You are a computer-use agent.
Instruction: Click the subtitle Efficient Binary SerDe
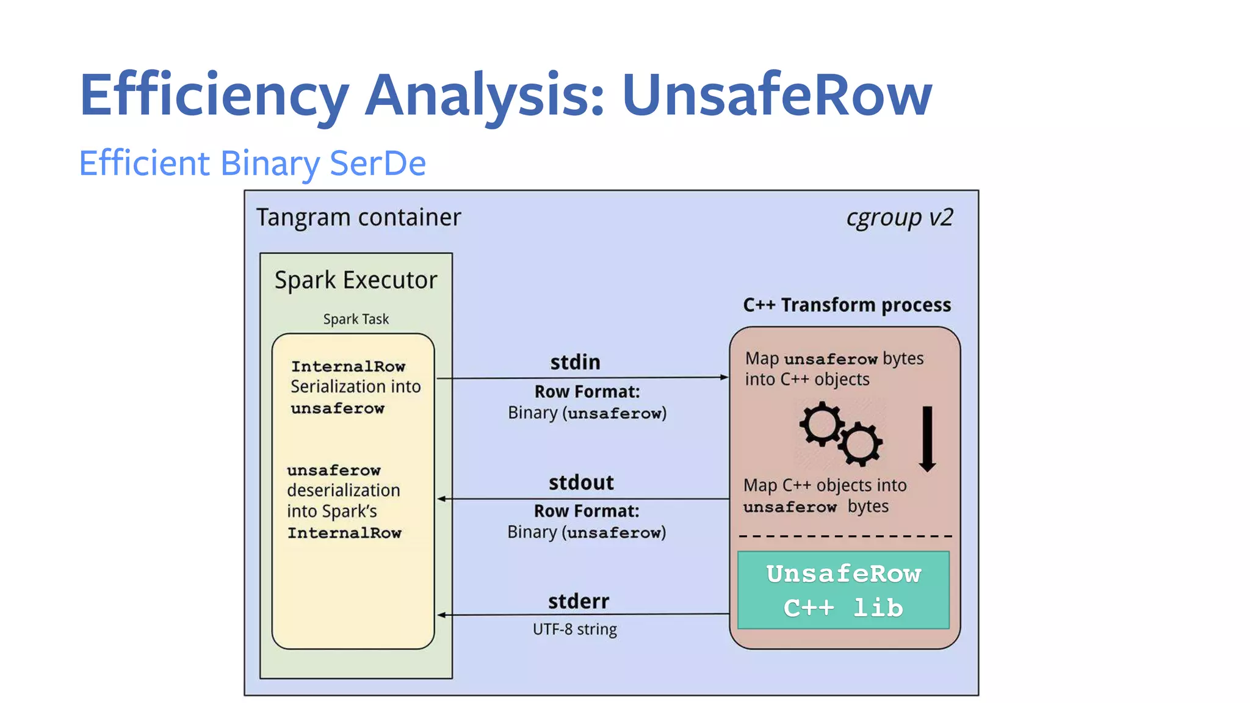[252, 163]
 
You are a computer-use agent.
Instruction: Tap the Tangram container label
[358, 217]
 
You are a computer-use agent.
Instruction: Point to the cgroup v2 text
[899, 217]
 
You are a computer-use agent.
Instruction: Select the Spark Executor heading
[356, 280]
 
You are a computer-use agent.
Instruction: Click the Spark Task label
[356, 319]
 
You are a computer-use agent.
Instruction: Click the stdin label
[575, 362]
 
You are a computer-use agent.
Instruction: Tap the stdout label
[580, 482]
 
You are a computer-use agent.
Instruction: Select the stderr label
[578, 601]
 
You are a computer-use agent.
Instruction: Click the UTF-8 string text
[574, 629]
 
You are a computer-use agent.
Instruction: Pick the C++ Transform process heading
[847, 305]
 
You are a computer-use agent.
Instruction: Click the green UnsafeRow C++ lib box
[844, 590]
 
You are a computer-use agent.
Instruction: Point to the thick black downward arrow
[927, 438]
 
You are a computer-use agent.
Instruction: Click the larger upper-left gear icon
[822, 424]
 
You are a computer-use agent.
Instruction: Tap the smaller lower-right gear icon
[861, 444]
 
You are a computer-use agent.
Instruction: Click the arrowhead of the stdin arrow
[724, 377]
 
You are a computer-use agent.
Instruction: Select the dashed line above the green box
[845, 536]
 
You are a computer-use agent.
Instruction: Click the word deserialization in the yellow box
[344, 490]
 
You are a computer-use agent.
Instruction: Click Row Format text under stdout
[587, 511]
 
